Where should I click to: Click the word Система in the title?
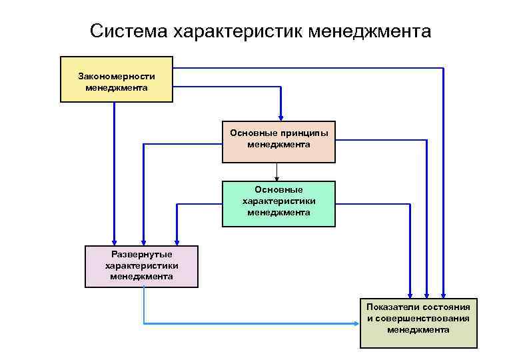pos(129,31)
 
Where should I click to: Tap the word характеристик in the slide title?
pos(239,31)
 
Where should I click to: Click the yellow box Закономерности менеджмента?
pos(117,79)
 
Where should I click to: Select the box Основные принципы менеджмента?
pos(278,142)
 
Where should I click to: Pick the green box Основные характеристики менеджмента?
pos(278,204)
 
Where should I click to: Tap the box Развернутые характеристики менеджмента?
pos(141,267)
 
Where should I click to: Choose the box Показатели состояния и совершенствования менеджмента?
pos(418,323)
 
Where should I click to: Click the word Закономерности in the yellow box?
pos(117,77)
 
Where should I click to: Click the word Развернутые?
pos(142,255)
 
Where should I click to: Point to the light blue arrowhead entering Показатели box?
pos(356,324)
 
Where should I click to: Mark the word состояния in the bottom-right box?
pos(446,307)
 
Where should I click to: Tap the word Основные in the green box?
pos(278,190)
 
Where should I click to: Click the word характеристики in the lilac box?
pos(142,266)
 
